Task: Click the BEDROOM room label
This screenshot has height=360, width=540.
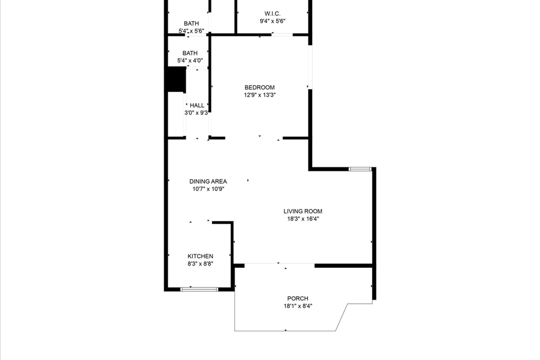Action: [x=259, y=87]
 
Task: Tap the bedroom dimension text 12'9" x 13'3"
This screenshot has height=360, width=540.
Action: [x=259, y=95]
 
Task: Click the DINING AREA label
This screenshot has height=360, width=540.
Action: [x=208, y=181]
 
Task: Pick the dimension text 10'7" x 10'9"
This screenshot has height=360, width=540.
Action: [x=208, y=189]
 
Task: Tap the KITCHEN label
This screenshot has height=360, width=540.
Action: [x=201, y=256]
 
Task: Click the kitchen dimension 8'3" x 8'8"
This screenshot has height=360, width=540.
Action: [x=201, y=264]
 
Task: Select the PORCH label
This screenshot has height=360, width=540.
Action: [x=298, y=298]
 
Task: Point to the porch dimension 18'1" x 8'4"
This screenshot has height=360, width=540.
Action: [x=298, y=306]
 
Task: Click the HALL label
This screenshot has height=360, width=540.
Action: [x=197, y=105]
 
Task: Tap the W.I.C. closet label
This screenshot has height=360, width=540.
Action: [x=273, y=13]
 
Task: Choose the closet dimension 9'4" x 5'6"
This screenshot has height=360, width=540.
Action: [x=273, y=22]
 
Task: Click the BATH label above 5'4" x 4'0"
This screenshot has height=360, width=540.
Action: [x=190, y=53]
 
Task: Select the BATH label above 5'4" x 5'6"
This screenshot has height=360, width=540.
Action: [x=191, y=23]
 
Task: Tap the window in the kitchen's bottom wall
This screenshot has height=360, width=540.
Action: [x=199, y=289]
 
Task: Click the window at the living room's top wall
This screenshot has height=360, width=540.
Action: [x=360, y=169]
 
